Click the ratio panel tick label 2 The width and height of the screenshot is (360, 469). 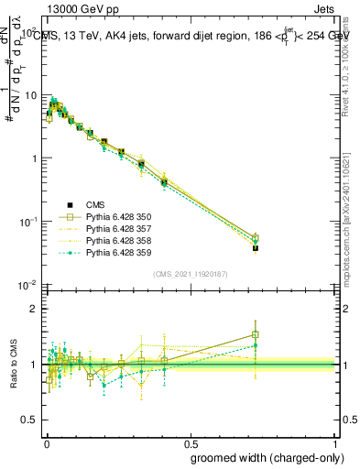(36, 309)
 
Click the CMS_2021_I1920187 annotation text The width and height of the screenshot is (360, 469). (190, 273)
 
